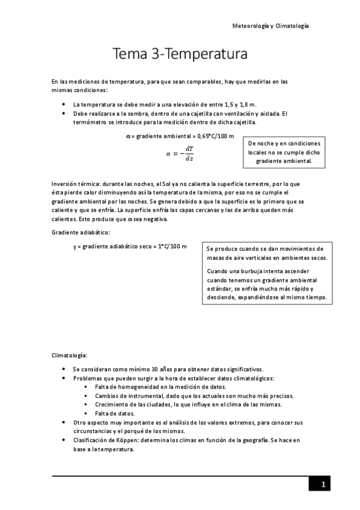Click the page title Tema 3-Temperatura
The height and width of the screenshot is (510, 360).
(x=180, y=55)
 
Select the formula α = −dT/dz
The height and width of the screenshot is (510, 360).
(x=180, y=153)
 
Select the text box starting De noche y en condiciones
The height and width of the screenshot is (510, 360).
(x=284, y=153)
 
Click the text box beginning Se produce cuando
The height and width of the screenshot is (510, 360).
(x=267, y=272)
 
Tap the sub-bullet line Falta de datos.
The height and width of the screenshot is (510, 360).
(x=115, y=413)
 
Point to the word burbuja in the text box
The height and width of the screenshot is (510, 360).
(x=247, y=271)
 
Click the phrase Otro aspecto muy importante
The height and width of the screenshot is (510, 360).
(x=113, y=423)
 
